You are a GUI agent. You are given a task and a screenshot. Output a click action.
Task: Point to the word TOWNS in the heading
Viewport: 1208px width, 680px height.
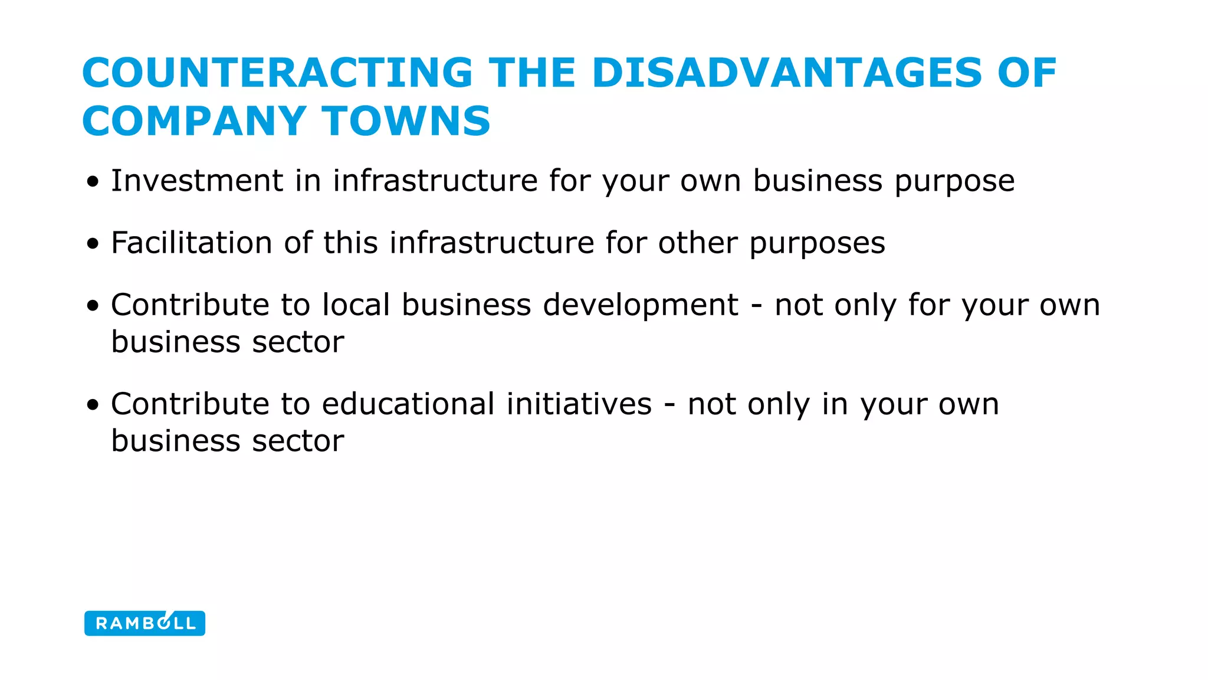[x=406, y=121]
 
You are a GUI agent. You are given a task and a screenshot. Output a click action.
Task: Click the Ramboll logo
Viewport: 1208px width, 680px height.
[x=145, y=623]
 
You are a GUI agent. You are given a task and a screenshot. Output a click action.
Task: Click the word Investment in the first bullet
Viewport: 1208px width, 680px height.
[x=197, y=181]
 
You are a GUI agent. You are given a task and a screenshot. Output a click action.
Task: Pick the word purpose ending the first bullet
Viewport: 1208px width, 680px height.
[x=954, y=182]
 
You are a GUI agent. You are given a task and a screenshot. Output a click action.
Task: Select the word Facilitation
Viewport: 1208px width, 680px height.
[x=191, y=243]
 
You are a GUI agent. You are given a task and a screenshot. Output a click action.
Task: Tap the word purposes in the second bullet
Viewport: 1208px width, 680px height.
[x=817, y=244]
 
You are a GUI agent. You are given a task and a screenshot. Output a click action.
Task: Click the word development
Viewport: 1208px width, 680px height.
[x=640, y=306]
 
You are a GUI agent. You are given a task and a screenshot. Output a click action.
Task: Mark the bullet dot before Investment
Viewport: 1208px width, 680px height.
[x=93, y=182]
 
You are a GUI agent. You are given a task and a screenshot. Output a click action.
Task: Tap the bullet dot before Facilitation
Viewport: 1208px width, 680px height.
[x=93, y=244]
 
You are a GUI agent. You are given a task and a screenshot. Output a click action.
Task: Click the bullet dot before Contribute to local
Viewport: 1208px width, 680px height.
[x=93, y=306]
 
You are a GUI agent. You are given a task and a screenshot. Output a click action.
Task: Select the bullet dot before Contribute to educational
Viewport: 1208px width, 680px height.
[x=93, y=406]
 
